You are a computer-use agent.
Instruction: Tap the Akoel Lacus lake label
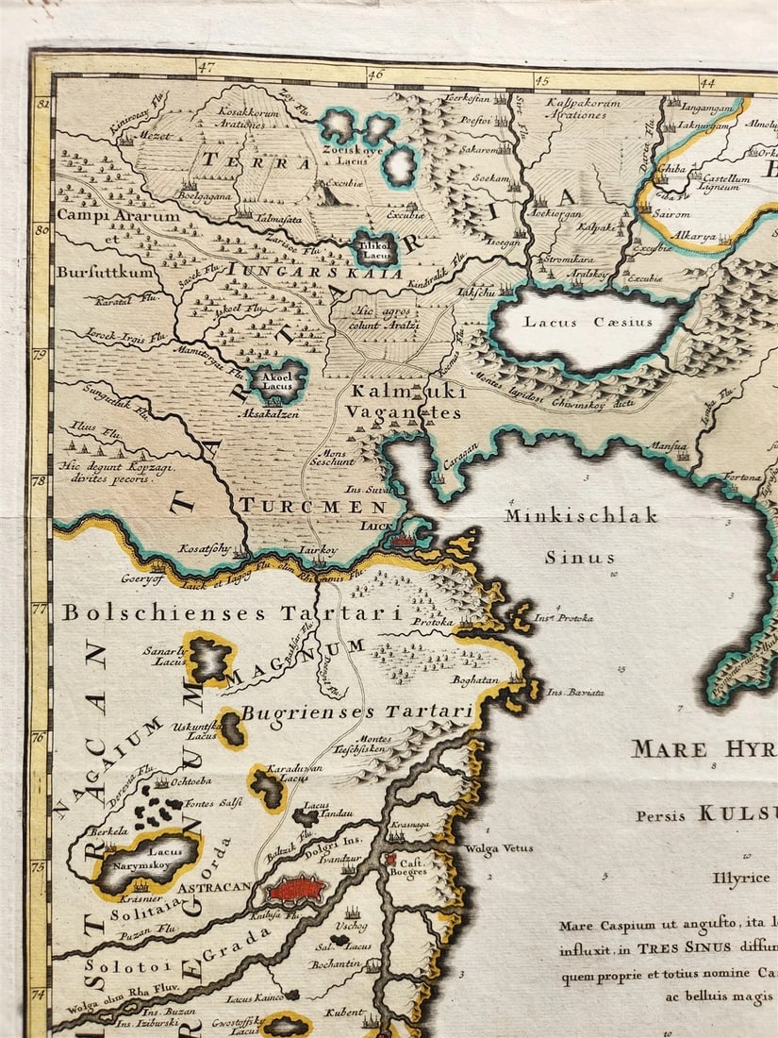click(277, 378)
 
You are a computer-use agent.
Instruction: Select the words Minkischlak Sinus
click(580, 536)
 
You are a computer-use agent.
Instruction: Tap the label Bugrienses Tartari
click(356, 712)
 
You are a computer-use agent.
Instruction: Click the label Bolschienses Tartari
click(232, 613)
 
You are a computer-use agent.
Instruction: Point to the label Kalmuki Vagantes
click(403, 401)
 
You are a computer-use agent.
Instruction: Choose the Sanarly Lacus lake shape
click(209, 659)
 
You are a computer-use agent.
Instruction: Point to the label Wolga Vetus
click(498, 848)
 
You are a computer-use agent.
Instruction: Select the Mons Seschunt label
click(332, 457)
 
